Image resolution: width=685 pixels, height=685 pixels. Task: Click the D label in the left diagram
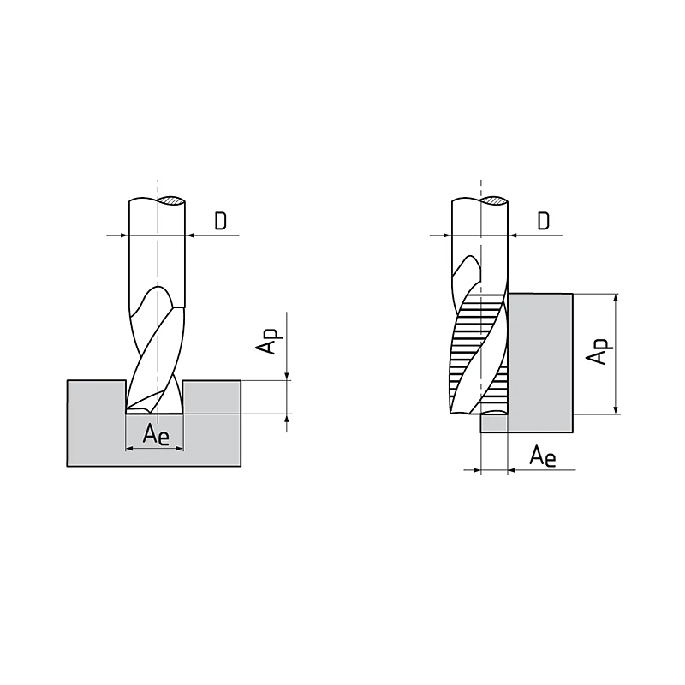pyautogui.click(x=221, y=222)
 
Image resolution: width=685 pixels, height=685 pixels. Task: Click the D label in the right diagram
pyautogui.click(x=543, y=222)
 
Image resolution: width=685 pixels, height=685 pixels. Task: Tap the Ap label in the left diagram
pyautogui.click(x=267, y=341)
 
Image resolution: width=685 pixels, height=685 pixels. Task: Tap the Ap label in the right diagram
pyautogui.click(x=598, y=351)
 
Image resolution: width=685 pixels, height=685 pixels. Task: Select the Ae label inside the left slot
pyautogui.click(x=156, y=434)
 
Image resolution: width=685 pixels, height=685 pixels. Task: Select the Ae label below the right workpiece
pyautogui.click(x=543, y=457)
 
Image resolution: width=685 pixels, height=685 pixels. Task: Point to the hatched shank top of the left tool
pyautogui.click(x=171, y=200)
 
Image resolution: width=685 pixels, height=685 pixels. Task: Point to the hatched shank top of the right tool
pyautogui.click(x=494, y=200)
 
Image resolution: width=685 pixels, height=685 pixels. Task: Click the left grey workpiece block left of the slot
pyautogui.click(x=96, y=423)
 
